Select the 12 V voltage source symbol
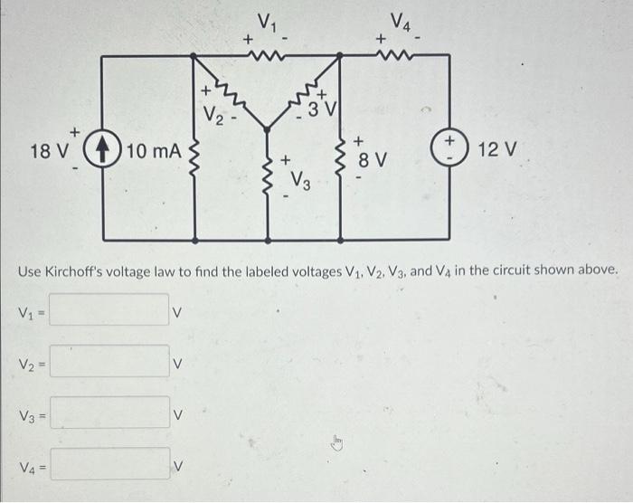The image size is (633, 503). [x=449, y=148]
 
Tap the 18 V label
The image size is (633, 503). [x=47, y=150]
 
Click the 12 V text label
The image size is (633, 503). [x=496, y=148]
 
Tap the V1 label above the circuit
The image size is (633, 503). [x=267, y=21]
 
